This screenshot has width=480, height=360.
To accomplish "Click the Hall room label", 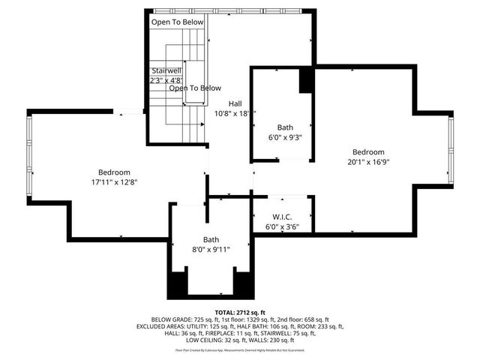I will pos(235,103).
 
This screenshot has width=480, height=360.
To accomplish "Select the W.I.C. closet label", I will pos(281,217).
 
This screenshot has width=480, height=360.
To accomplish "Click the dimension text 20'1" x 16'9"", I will pos(368,161).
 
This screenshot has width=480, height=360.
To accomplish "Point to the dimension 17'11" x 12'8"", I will pos(114,181).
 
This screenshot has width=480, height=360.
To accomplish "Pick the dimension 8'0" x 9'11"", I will pos(211,250).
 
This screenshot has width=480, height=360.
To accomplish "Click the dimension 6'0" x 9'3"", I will pos(284,137).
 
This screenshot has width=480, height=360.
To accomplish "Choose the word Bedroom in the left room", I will pos(114,172).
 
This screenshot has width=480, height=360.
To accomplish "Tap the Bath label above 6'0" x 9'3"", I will pos(285,127).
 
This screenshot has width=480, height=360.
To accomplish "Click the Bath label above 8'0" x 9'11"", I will pos(211,239).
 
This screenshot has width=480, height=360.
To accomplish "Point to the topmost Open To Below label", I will pos(178,22).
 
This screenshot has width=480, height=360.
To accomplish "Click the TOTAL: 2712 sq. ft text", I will pos(239,312).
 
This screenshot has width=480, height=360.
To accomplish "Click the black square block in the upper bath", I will pos(307,81).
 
